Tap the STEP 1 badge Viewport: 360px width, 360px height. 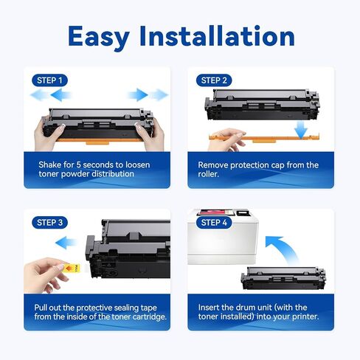tap(51, 80)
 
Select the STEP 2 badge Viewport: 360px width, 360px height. tap(215, 80)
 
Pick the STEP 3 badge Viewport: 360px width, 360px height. tap(51, 221)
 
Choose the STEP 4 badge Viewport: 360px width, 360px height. tap(215, 221)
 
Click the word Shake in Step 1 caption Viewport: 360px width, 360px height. tap(52, 164)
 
